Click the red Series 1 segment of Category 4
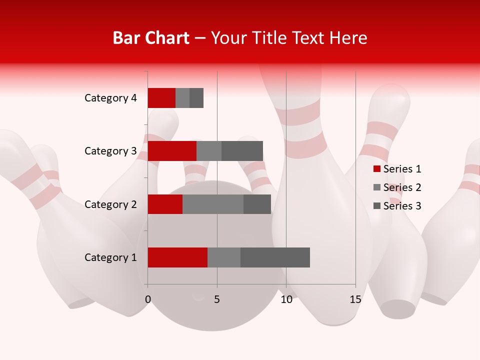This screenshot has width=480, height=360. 161,98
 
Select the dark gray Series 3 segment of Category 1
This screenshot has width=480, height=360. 275,257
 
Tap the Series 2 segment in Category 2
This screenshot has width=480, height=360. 213,204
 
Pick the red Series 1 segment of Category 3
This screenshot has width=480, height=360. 172,151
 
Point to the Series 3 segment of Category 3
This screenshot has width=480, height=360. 242,151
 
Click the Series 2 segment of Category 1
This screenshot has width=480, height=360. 224,257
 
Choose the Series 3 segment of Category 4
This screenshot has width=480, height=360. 196,98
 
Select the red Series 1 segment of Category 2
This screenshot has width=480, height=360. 165,204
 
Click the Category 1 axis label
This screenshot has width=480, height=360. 110,257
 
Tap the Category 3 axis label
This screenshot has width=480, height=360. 110,151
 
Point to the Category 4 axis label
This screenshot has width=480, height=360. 110,98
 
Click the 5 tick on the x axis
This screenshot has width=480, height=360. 217,299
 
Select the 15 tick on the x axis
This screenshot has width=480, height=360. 355,299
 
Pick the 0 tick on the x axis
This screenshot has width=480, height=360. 148,299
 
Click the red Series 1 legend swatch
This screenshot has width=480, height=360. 377,169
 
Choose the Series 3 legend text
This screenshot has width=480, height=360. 402,206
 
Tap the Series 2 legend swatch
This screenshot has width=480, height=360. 377,187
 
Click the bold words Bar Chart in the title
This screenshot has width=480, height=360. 151,38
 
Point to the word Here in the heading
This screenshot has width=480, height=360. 348,38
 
